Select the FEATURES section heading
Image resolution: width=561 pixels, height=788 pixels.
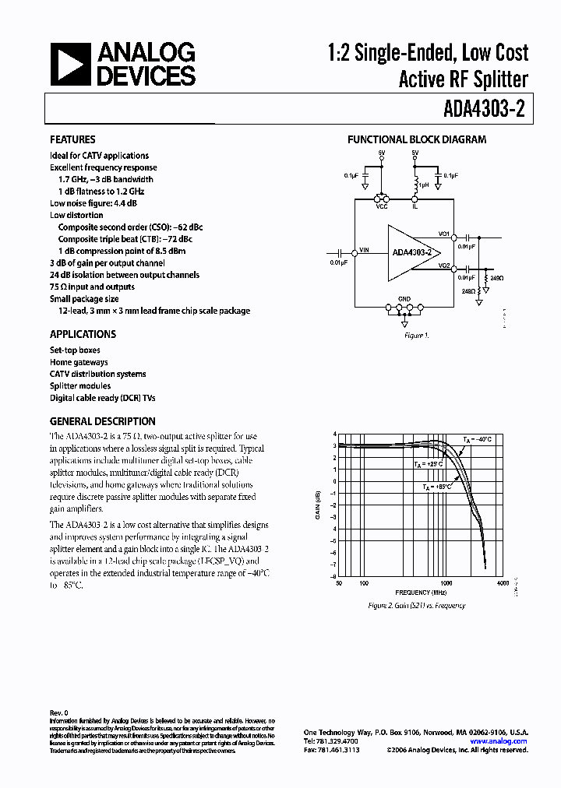pos(72,140)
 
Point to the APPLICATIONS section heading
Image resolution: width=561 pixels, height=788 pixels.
pos(83,334)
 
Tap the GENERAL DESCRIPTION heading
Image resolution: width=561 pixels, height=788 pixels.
pos(103,421)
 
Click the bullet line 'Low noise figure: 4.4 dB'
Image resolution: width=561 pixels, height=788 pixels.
pos(93,203)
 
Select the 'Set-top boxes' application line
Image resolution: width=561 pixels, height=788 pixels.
pos(75,350)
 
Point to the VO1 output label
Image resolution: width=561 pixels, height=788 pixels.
pos(443,234)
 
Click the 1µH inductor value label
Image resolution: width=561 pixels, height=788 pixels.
pos(423,185)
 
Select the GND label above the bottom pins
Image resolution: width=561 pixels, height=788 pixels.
pos(404,298)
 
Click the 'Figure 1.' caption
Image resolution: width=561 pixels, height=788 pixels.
pos(416,336)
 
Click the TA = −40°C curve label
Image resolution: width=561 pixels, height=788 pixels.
pos(478,440)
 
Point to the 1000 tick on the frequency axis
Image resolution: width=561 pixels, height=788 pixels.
pos(446,582)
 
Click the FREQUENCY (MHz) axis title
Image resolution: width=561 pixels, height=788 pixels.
pos(417,593)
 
